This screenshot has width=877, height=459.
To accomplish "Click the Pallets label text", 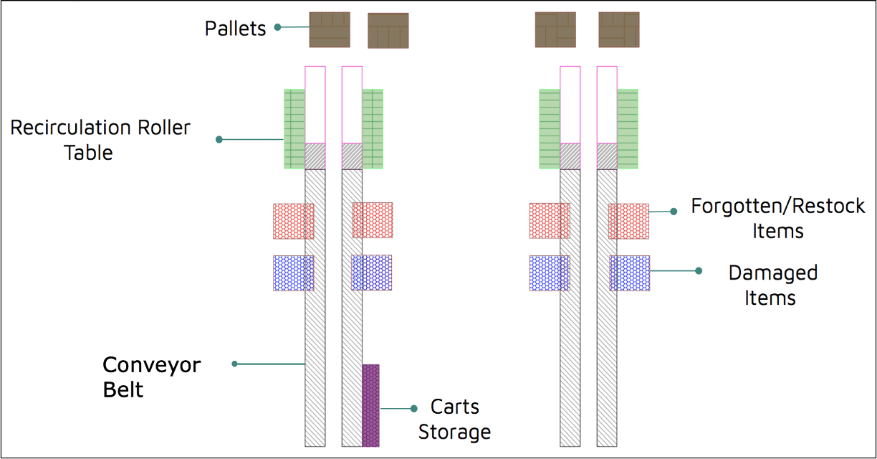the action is [x=235, y=28].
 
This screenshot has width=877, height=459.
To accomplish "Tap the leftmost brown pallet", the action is [x=330, y=30].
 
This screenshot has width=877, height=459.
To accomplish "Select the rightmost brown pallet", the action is [x=619, y=30].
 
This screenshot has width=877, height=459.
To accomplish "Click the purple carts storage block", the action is [x=370, y=405].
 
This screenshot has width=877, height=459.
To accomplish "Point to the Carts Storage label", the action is [x=454, y=419].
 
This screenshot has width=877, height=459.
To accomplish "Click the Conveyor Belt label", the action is [x=151, y=377].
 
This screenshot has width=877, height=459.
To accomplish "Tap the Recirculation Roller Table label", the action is [x=100, y=140].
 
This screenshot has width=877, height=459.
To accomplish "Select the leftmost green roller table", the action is [x=294, y=129].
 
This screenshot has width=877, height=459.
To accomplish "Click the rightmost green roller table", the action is [x=628, y=129].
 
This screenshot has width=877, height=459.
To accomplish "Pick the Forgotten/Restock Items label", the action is [x=778, y=218].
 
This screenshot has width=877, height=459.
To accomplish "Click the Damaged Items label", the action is [x=773, y=285].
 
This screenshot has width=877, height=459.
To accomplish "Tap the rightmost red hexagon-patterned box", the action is [x=628, y=221].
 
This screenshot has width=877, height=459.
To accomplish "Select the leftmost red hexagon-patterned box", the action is [x=294, y=221].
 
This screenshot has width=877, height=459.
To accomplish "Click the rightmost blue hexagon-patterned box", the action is [x=630, y=273].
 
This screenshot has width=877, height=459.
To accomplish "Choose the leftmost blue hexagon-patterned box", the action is [x=294, y=273].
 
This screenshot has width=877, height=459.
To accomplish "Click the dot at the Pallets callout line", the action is [x=277, y=27].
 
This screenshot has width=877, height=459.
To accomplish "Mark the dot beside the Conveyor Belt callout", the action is [x=234, y=364].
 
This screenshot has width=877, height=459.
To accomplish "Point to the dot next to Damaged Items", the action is [x=699, y=271].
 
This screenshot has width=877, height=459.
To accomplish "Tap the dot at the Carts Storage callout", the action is [x=414, y=409].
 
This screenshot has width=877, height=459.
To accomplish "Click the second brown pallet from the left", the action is [x=388, y=31].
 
